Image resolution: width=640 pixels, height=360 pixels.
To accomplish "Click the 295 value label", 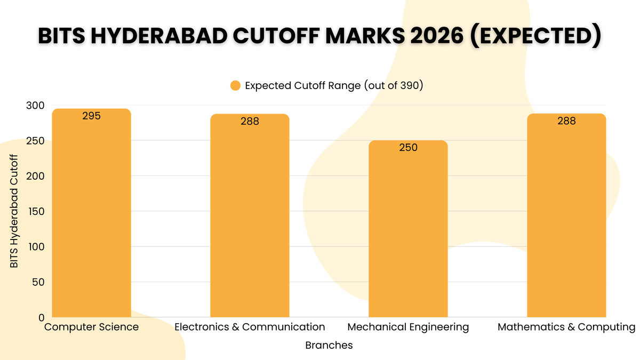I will pyautogui.click(x=91, y=116).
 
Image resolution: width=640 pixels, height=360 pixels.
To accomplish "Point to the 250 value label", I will pyautogui.click(x=408, y=148).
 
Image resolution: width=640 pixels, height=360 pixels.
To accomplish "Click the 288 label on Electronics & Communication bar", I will pyautogui.click(x=250, y=121).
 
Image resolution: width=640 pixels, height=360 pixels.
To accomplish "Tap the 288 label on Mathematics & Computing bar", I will pyautogui.click(x=566, y=121).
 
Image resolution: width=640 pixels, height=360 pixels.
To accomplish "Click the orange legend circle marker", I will pyautogui.click(x=236, y=86).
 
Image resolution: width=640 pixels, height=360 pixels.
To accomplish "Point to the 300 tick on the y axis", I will pyautogui.click(x=36, y=106).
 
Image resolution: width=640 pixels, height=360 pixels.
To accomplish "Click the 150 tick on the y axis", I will pyautogui.click(x=36, y=211).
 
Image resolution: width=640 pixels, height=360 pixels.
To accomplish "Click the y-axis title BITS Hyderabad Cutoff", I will pyautogui.click(x=14, y=211).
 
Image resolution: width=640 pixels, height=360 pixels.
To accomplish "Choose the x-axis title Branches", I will pyautogui.click(x=329, y=345).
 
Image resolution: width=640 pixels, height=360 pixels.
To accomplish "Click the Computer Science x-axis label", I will pyautogui.click(x=91, y=327).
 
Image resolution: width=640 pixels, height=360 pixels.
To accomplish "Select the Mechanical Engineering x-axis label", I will pyautogui.click(x=408, y=327).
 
